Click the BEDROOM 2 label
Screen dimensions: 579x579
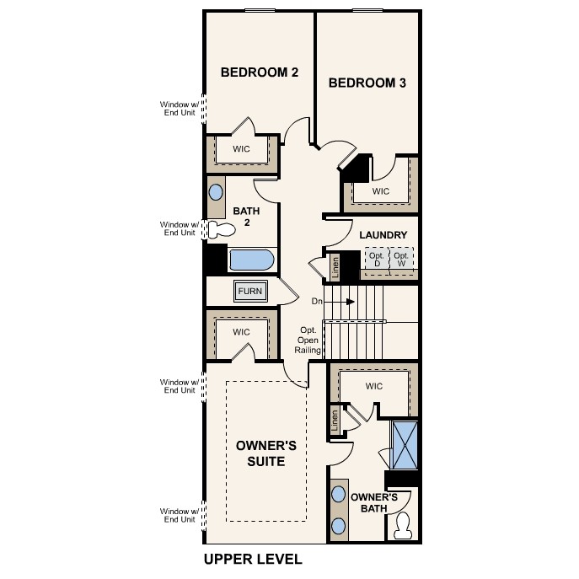260,72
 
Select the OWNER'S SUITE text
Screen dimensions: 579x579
260,453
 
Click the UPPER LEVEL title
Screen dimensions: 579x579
253,559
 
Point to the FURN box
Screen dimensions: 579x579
250,292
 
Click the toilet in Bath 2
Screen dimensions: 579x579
222,229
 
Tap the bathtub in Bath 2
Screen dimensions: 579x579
251,260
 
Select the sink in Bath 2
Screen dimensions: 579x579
217,191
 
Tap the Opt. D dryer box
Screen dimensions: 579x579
376,260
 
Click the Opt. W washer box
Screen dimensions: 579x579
402,260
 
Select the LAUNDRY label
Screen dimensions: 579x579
383,235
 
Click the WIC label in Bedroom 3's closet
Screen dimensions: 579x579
381,191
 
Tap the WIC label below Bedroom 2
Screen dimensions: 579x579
242,149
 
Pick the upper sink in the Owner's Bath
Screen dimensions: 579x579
339,493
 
